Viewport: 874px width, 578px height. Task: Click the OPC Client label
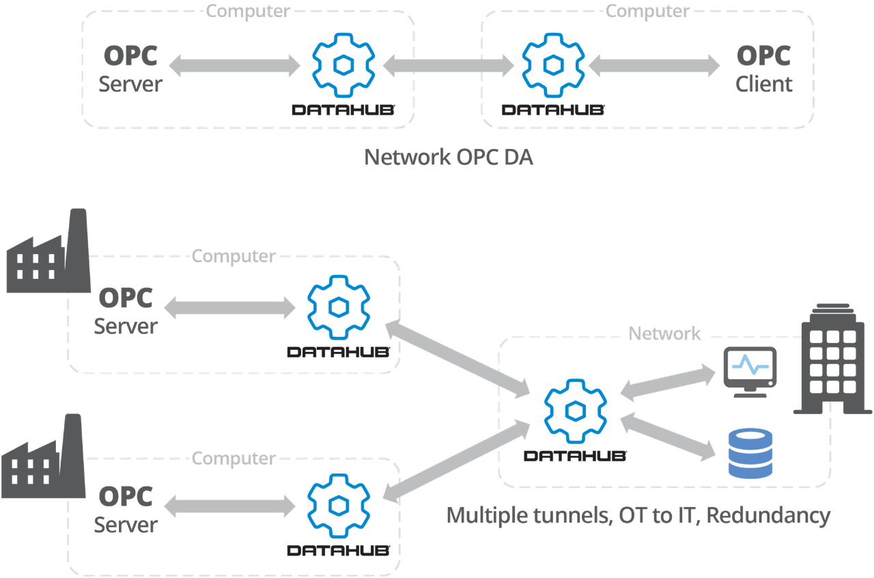(763, 69)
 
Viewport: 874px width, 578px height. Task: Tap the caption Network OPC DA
(448, 157)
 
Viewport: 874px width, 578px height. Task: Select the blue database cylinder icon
(750, 453)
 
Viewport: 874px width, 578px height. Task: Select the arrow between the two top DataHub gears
(449, 66)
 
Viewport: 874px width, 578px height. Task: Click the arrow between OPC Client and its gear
(654, 66)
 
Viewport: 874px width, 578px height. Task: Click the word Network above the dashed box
(664, 333)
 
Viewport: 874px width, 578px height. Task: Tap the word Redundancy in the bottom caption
(767, 515)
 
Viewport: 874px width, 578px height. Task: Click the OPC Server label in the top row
(131, 69)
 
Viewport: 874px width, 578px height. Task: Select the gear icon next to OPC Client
(552, 64)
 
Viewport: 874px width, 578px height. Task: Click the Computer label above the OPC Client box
(647, 11)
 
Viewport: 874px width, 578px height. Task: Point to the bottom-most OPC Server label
(126, 510)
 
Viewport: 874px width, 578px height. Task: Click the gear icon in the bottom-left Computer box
(339, 506)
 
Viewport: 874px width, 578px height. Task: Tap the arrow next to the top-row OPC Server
(234, 66)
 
